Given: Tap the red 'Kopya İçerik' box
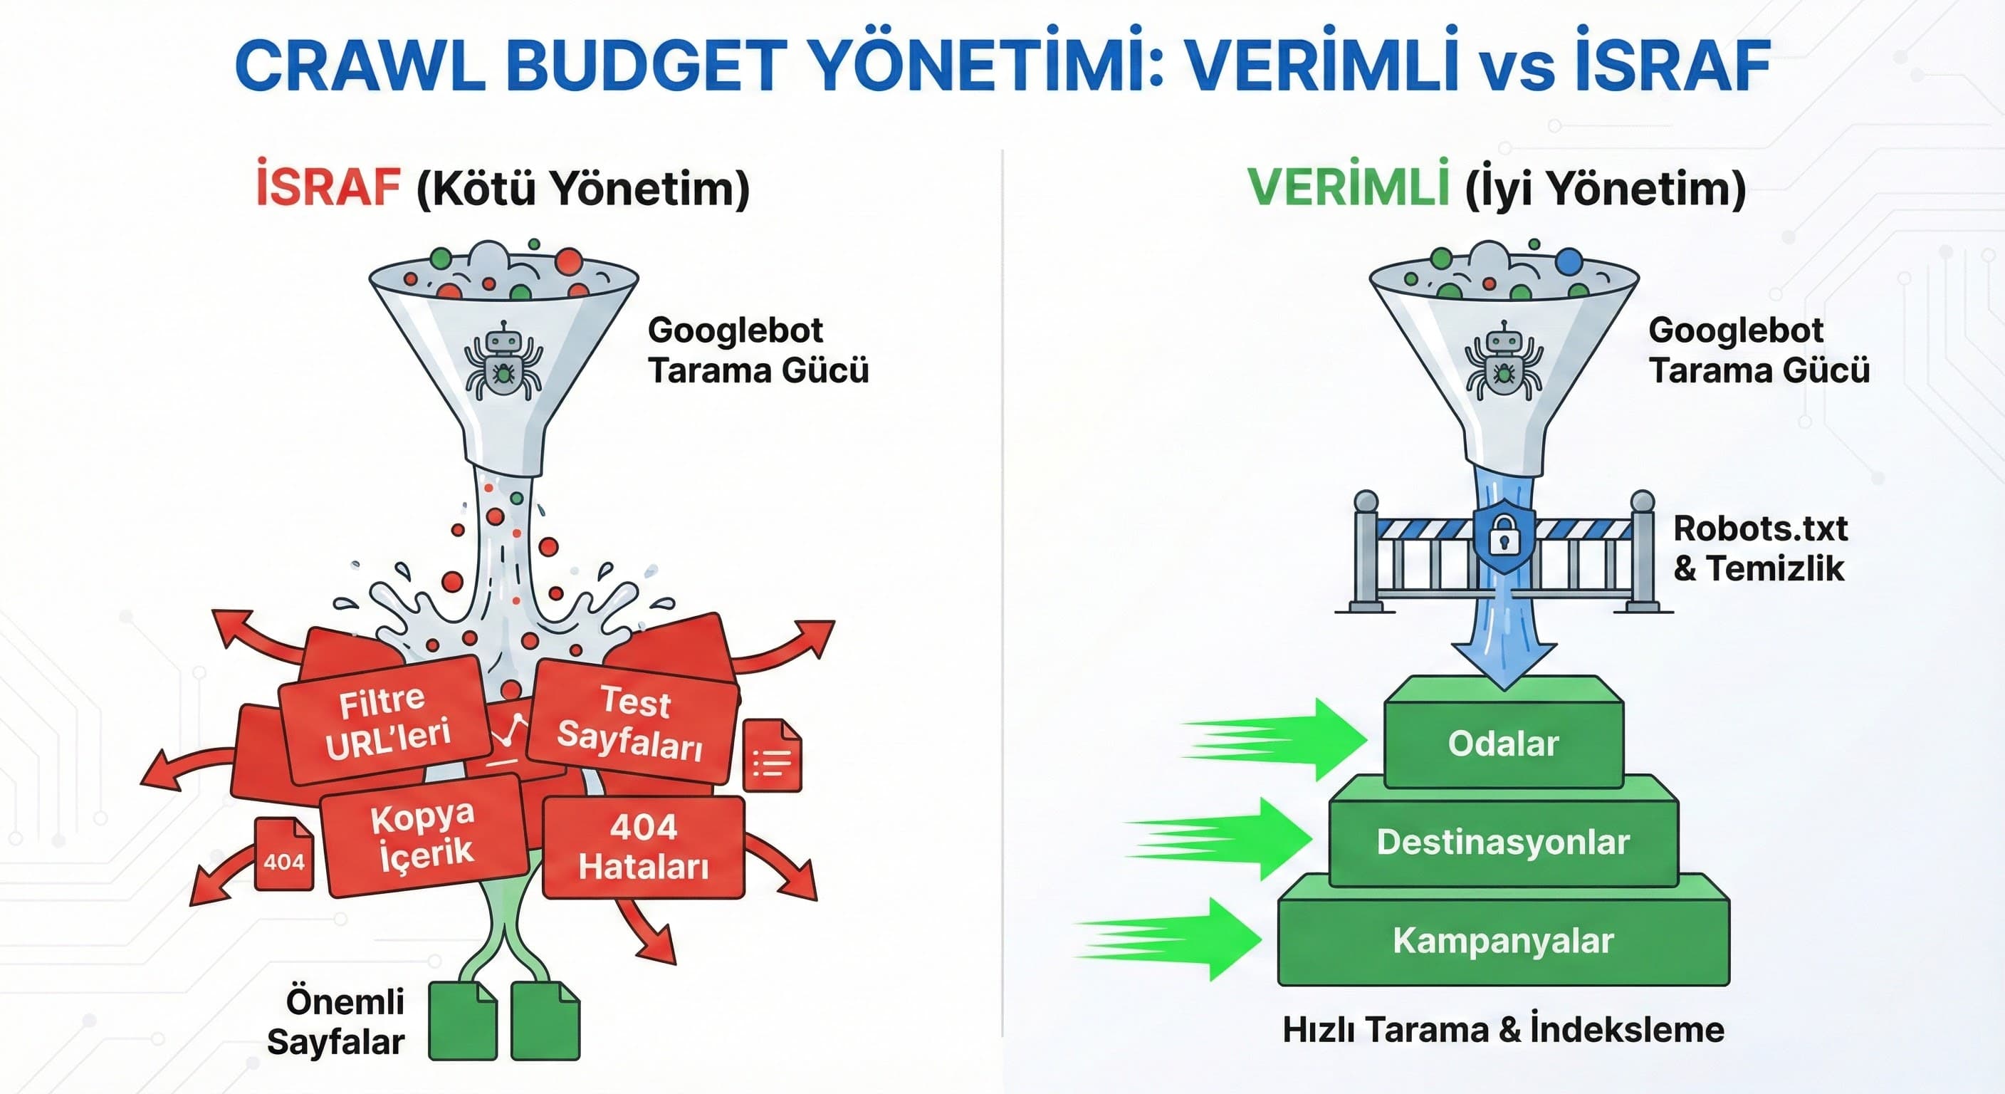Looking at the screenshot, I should tap(424, 835).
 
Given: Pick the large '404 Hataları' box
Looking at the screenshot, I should tap(643, 847).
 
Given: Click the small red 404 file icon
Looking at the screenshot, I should tap(284, 854).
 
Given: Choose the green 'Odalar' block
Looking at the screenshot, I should tap(1503, 744).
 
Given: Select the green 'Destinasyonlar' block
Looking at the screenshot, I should tap(1503, 842).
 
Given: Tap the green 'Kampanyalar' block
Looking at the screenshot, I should tap(1503, 941).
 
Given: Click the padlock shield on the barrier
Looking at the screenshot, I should tap(1504, 536).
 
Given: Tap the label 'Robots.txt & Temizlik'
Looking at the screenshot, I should tap(1759, 548).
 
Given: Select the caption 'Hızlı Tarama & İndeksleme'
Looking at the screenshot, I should tap(1503, 1030).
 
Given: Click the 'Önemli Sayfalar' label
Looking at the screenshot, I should tap(336, 1021).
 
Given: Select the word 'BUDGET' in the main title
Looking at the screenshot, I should tap(645, 66).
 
